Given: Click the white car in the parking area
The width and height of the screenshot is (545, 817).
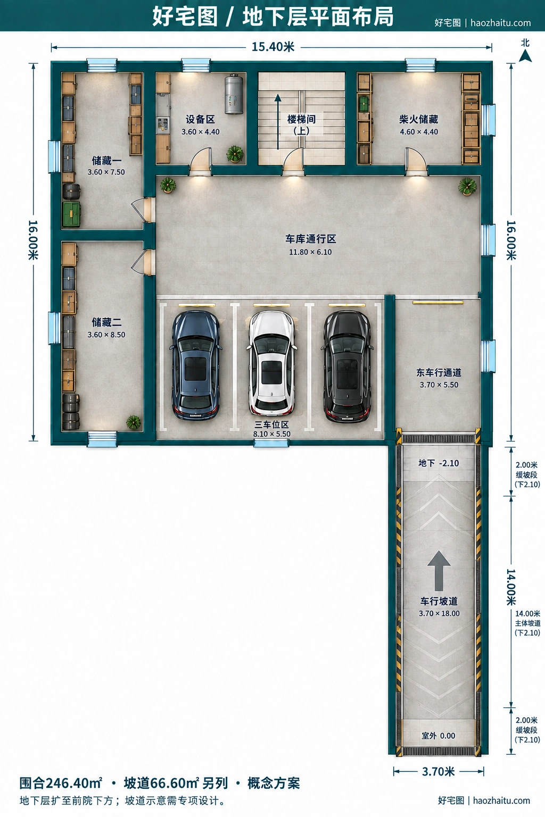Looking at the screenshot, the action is click(271, 363).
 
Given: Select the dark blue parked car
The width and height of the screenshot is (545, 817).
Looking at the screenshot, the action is click(196, 365).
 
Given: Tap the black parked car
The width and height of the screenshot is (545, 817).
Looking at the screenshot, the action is click(347, 366).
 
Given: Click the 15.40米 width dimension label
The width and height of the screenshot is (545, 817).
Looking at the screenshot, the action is click(273, 47).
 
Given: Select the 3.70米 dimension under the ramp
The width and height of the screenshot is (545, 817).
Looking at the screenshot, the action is click(439, 771).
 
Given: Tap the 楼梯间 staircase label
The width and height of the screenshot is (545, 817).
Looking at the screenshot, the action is click(302, 119).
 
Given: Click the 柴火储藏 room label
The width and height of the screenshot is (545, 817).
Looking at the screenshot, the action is click(419, 119).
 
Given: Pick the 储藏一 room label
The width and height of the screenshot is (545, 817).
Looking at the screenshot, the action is click(106, 161).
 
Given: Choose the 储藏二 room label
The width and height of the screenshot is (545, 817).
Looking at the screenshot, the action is click(106, 322).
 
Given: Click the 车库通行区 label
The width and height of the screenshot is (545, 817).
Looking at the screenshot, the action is click(311, 239).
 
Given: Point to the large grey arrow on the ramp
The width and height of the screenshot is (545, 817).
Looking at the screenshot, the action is click(439, 571).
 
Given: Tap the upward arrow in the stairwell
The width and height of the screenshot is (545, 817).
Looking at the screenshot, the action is click(278, 122).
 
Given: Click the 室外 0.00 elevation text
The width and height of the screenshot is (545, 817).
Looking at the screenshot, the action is click(439, 736).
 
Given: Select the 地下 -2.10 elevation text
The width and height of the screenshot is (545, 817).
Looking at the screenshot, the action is click(439, 463).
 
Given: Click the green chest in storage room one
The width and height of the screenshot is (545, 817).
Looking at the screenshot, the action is click(72, 214).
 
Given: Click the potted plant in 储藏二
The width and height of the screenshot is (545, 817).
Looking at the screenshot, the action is click(133, 422).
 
